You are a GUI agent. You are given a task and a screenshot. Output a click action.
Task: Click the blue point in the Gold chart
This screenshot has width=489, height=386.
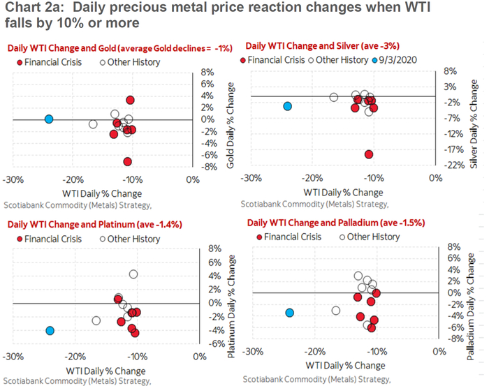tap(49, 119)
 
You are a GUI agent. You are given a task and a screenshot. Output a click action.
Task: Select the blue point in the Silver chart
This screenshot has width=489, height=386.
tap(286, 106)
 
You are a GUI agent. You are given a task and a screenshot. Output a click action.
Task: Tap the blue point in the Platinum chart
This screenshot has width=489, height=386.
tap(50, 330)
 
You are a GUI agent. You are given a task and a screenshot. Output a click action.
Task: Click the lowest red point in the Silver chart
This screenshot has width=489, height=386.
tap(369, 154)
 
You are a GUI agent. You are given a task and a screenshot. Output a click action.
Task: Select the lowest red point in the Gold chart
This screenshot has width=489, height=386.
tap(127, 161)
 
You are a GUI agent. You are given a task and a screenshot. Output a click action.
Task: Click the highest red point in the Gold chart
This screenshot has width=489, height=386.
tap(130, 100)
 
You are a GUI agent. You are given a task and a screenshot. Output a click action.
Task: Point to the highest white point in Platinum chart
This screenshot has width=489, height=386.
tap(133, 274)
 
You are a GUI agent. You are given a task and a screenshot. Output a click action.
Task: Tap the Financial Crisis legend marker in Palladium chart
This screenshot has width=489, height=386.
tap(260, 237)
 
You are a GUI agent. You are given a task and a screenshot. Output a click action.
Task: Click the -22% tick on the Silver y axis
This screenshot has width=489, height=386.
tap(447, 165)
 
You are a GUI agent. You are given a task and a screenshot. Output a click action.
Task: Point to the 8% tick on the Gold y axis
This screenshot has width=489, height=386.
tap(207, 72)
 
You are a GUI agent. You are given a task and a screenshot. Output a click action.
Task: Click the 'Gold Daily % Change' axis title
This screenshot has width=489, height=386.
tap(228, 119)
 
